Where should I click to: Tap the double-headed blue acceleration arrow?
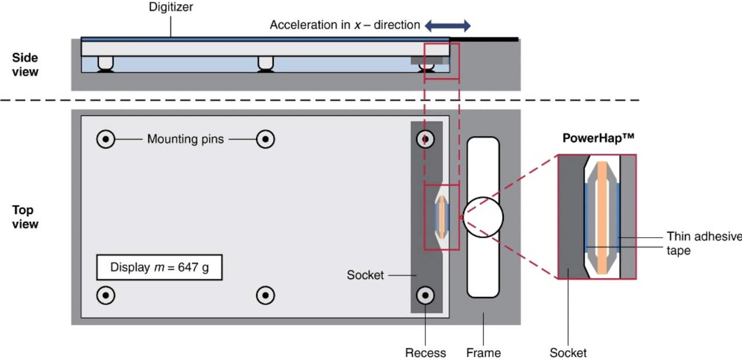click(x=448, y=26)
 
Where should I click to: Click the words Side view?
click(x=25, y=65)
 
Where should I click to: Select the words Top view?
click(x=25, y=217)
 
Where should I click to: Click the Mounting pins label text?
click(x=185, y=139)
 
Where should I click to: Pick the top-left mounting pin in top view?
click(x=106, y=139)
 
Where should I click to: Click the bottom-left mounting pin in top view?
click(x=106, y=295)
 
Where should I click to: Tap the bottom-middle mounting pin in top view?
click(x=265, y=295)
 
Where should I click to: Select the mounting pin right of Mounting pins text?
click(x=265, y=139)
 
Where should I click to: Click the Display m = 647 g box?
click(x=159, y=268)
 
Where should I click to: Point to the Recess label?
click(x=425, y=352)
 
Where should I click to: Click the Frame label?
click(x=483, y=352)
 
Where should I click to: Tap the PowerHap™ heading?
click(x=599, y=139)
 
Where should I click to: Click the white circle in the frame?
click(x=483, y=217)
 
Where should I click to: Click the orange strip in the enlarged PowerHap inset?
click(x=602, y=217)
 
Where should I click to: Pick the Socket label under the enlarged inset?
click(x=568, y=352)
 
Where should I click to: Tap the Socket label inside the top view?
click(x=365, y=275)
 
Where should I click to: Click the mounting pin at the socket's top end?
click(x=426, y=139)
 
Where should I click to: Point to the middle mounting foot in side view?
click(x=265, y=63)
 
